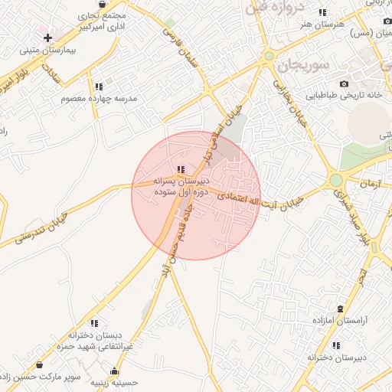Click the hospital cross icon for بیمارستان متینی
pyautogui.click(x=47, y=37)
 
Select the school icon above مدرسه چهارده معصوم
pyautogui.click(x=98, y=86)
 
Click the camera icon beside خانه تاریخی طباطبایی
pyautogui.click(x=344, y=83)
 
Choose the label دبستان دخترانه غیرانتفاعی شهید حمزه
pyautogui.click(x=95, y=341)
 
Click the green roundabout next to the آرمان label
pyautogui.click(x=335, y=180)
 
